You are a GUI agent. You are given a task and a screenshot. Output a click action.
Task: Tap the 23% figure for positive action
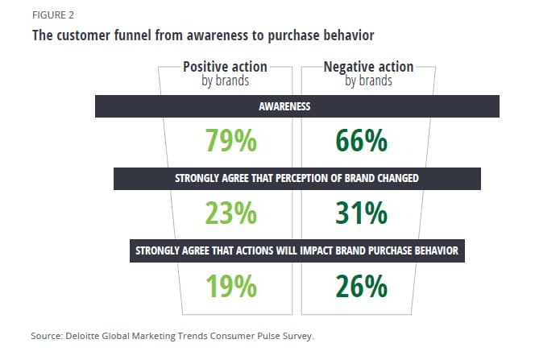(230, 213)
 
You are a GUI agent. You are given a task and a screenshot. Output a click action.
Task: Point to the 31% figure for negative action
(361, 213)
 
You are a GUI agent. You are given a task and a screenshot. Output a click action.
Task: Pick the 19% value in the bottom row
(230, 286)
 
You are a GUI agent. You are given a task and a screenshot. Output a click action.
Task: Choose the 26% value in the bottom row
(361, 286)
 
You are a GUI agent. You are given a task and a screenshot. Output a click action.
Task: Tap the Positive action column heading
(225, 67)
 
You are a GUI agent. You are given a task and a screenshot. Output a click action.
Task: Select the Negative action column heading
(368, 67)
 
